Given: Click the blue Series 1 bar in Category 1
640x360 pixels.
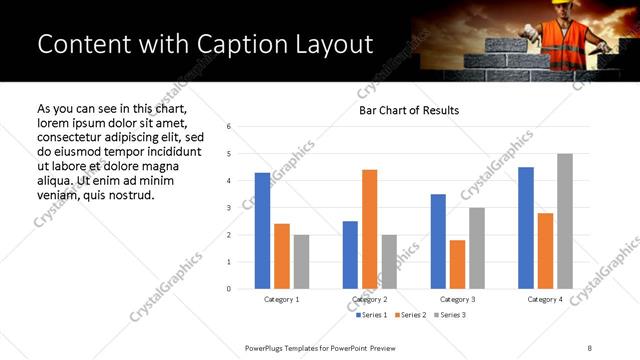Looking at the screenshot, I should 262,230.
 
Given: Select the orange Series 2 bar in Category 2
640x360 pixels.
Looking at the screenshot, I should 369,229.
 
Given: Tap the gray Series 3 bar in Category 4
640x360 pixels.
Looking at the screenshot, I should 565,221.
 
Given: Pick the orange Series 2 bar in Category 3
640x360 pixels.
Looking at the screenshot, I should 457,264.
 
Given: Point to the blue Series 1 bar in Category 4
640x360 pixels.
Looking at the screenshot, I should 526,227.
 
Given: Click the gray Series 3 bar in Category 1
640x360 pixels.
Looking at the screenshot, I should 301,261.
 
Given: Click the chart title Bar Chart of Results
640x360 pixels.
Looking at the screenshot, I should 409,111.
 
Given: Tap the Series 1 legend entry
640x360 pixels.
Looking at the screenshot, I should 370,315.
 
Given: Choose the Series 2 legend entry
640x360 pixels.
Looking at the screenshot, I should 410,315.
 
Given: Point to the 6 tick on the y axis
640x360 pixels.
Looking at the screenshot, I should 229,127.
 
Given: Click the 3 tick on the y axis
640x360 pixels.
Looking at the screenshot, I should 229,208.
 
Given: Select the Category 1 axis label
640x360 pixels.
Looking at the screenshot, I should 281,299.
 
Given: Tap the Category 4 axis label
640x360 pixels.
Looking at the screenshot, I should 545,299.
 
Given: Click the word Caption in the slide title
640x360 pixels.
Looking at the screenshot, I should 213,44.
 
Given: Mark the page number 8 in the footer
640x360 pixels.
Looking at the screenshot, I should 590,346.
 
